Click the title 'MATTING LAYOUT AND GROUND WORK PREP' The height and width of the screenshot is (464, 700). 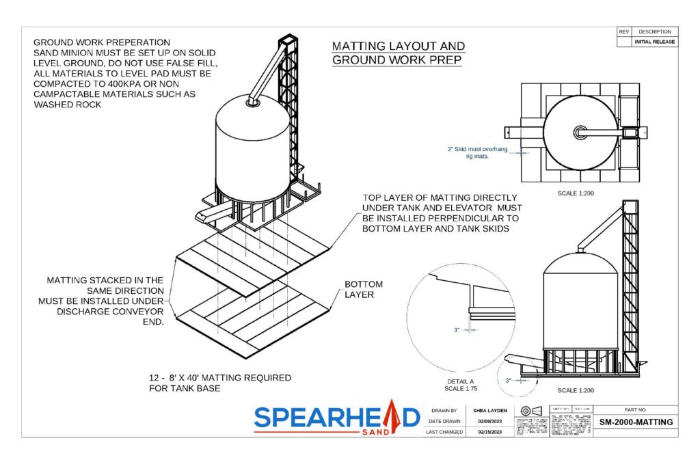tap(398, 53)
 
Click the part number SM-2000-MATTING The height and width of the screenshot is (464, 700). tap(636, 422)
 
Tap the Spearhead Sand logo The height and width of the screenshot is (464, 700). tap(336, 417)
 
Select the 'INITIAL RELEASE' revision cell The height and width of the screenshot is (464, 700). tap(656, 42)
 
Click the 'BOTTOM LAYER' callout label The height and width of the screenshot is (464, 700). tap(363, 289)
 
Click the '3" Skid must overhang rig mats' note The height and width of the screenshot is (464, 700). tap(478, 152)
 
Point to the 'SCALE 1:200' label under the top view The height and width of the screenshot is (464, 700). tap(576, 193)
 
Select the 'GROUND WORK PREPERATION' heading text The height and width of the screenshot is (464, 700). tap(102, 42)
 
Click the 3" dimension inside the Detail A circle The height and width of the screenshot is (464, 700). tap(457, 329)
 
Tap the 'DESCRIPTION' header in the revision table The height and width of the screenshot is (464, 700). tap(656, 32)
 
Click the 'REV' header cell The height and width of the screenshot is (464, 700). tap(623, 32)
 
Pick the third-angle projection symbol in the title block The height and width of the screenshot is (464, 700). tap(530, 411)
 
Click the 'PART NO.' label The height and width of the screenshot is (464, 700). tap(636, 410)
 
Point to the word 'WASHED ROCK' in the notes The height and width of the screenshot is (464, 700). tap(66, 105)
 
